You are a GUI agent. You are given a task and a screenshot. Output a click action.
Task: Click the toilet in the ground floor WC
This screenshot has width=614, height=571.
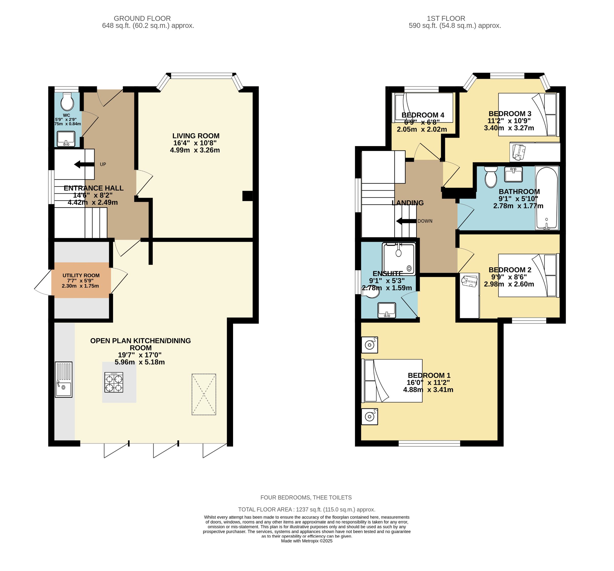point(67,102)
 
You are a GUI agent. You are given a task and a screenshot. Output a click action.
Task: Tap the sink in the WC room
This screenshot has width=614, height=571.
point(66,139)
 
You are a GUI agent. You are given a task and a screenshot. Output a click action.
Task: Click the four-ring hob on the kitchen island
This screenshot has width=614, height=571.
point(114,382)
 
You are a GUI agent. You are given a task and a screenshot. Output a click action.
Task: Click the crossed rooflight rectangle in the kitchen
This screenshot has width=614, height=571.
point(204,394)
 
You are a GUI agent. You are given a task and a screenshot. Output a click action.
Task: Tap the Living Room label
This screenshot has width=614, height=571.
point(196,136)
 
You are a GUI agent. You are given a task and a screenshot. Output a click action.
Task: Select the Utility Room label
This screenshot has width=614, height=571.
point(81,276)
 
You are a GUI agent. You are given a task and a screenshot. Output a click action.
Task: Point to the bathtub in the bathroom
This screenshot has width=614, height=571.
point(546,198)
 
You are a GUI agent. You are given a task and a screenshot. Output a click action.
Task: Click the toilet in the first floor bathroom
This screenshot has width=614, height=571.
point(491,177)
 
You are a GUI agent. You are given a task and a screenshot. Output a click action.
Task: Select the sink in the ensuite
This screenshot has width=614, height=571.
point(387,310)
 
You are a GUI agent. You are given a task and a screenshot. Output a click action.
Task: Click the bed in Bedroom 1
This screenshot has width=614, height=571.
point(392,380)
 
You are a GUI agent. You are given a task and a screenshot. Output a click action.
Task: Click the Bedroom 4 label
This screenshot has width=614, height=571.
point(423,115)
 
